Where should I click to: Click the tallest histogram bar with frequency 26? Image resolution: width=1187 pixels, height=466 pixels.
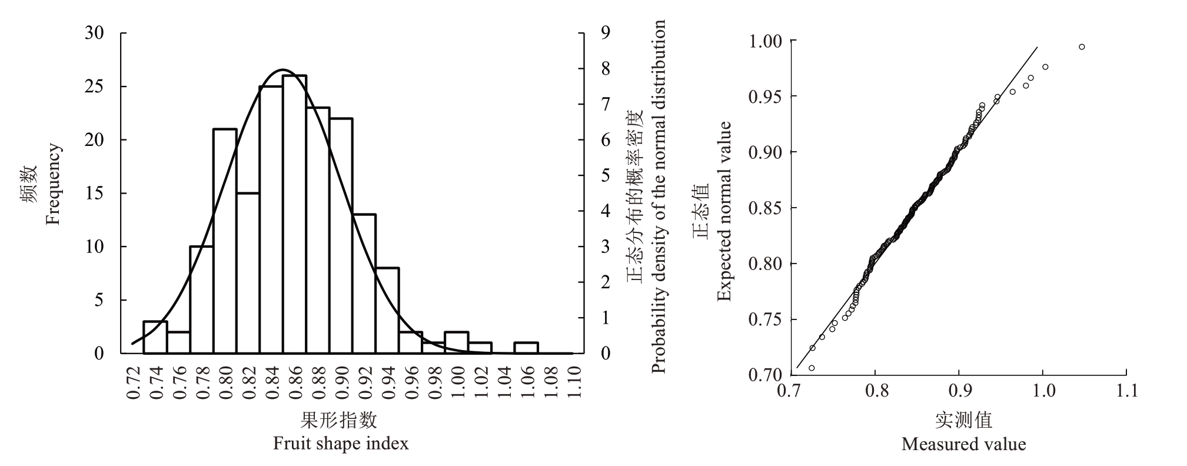pyautogui.click(x=294, y=214)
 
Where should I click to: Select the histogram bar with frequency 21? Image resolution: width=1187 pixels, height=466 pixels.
pyautogui.click(x=225, y=241)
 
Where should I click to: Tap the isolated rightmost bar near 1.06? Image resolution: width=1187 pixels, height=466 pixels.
pyautogui.click(x=526, y=348)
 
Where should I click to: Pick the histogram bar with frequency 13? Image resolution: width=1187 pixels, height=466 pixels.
pyautogui.click(x=364, y=284)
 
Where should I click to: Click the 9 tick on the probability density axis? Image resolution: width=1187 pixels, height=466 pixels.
pyautogui.click(x=604, y=33)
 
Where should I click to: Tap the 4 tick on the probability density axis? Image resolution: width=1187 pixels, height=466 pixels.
pyautogui.click(x=604, y=211)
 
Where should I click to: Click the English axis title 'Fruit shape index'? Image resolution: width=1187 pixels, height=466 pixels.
pyautogui.click(x=340, y=443)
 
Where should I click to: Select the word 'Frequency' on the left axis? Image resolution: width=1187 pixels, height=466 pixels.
pyautogui.click(x=53, y=184)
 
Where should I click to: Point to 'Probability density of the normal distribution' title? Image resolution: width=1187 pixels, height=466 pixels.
pyautogui.click(x=659, y=197)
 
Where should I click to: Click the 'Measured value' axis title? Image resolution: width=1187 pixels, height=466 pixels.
pyautogui.click(x=963, y=444)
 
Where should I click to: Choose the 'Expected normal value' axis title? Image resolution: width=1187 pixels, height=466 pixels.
pyautogui.click(x=724, y=211)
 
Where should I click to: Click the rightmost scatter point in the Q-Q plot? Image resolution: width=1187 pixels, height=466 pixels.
pyautogui.click(x=1082, y=46)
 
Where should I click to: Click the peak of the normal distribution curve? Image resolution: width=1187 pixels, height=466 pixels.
pyautogui.click(x=283, y=69)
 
